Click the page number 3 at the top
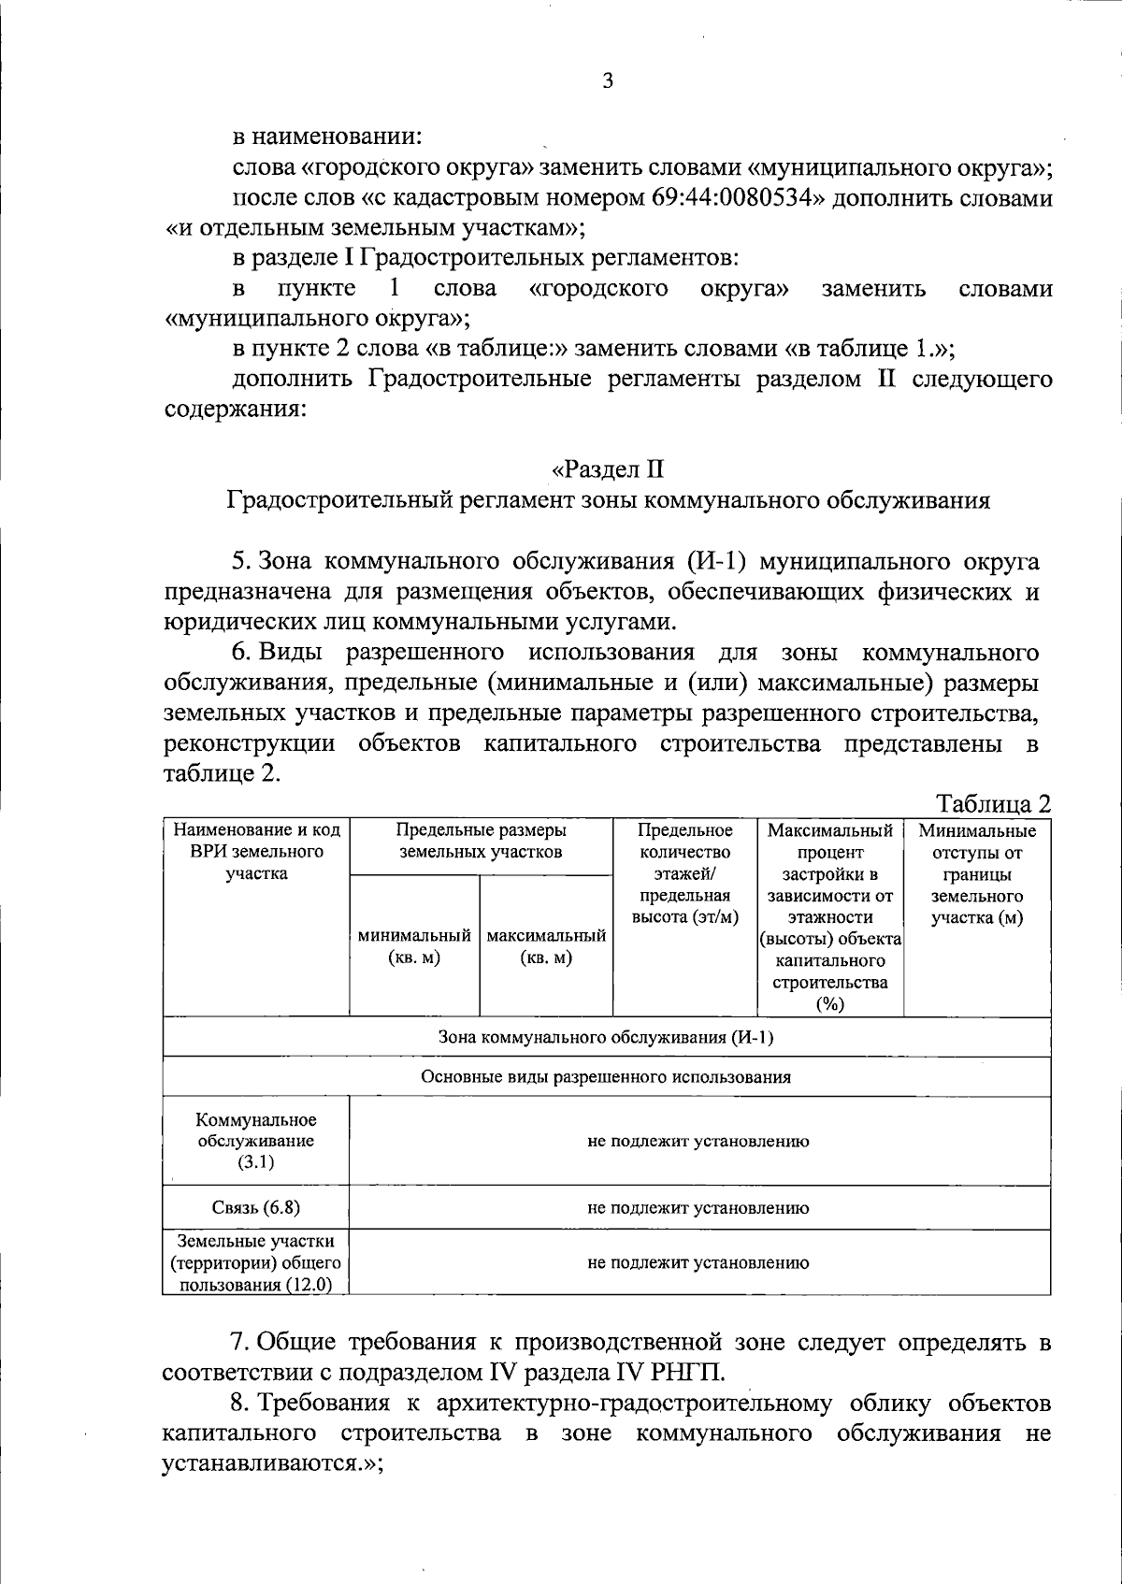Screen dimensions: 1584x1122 coord(608,81)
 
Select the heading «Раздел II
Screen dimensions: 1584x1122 coord(608,468)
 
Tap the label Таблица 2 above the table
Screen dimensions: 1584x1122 coord(994,803)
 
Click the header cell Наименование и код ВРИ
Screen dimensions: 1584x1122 coord(256,852)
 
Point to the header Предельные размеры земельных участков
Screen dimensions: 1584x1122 coord(481,842)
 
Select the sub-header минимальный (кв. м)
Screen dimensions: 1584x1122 coord(414,946)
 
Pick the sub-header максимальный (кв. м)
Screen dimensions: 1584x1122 coord(546,946)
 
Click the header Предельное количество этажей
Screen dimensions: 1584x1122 coord(684,873)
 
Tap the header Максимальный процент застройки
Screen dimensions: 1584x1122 coord(829,916)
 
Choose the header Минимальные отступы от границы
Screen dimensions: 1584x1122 coord(977,873)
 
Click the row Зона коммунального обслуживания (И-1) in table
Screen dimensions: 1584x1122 coord(606,1038)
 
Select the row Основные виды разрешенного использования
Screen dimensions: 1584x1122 coord(606,1077)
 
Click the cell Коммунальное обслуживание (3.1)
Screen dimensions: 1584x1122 coord(256,1141)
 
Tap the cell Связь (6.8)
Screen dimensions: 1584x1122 coord(256,1207)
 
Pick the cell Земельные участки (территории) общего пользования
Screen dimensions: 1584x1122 coord(256,1262)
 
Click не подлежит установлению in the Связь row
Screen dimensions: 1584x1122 coord(698,1207)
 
